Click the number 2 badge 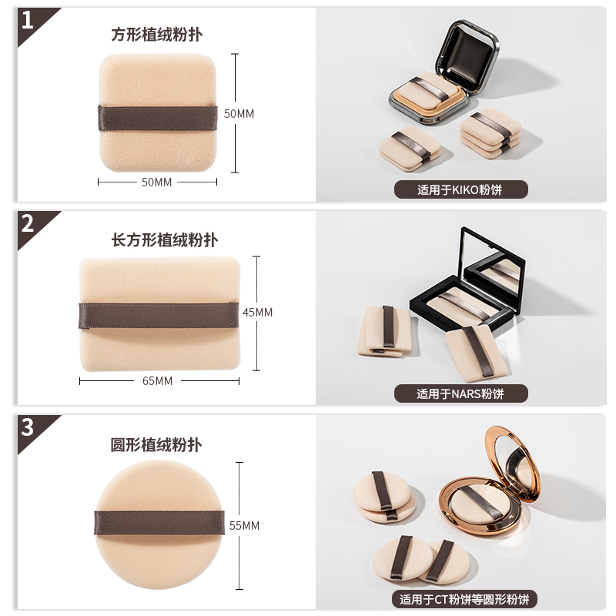click(x=28, y=224)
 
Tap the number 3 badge click(x=28, y=426)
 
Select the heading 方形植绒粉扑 click(x=158, y=35)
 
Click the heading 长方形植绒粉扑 click(x=165, y=239)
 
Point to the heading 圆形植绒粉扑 click(x=157, y=445)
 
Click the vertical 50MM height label click(x=239, y=113)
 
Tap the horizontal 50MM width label click(x=157, y=182)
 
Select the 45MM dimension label click(x=258, y=313)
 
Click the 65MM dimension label click(x=158, y=381)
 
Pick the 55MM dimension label click(x=245, y=526)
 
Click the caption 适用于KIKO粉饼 click(x=460, y=189)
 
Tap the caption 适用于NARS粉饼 click(x=460, y=393)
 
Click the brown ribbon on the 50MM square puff click(x=158, y=118)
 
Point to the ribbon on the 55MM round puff click(x=159, y=524)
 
